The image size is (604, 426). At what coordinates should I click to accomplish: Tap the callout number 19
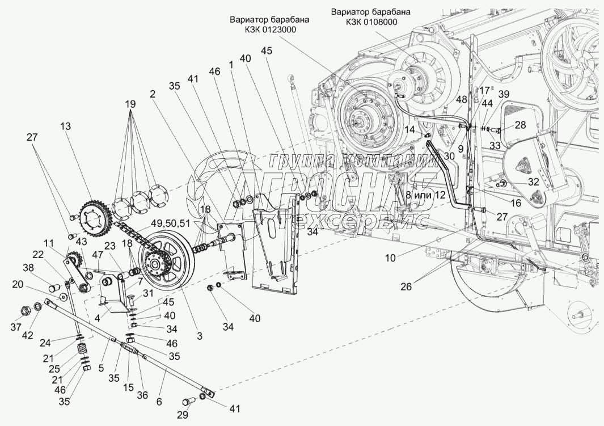pyautogui.click(x=130, y=104)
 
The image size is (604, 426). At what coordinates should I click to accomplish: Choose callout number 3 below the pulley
pyautogui.click(x=199, y=336)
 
